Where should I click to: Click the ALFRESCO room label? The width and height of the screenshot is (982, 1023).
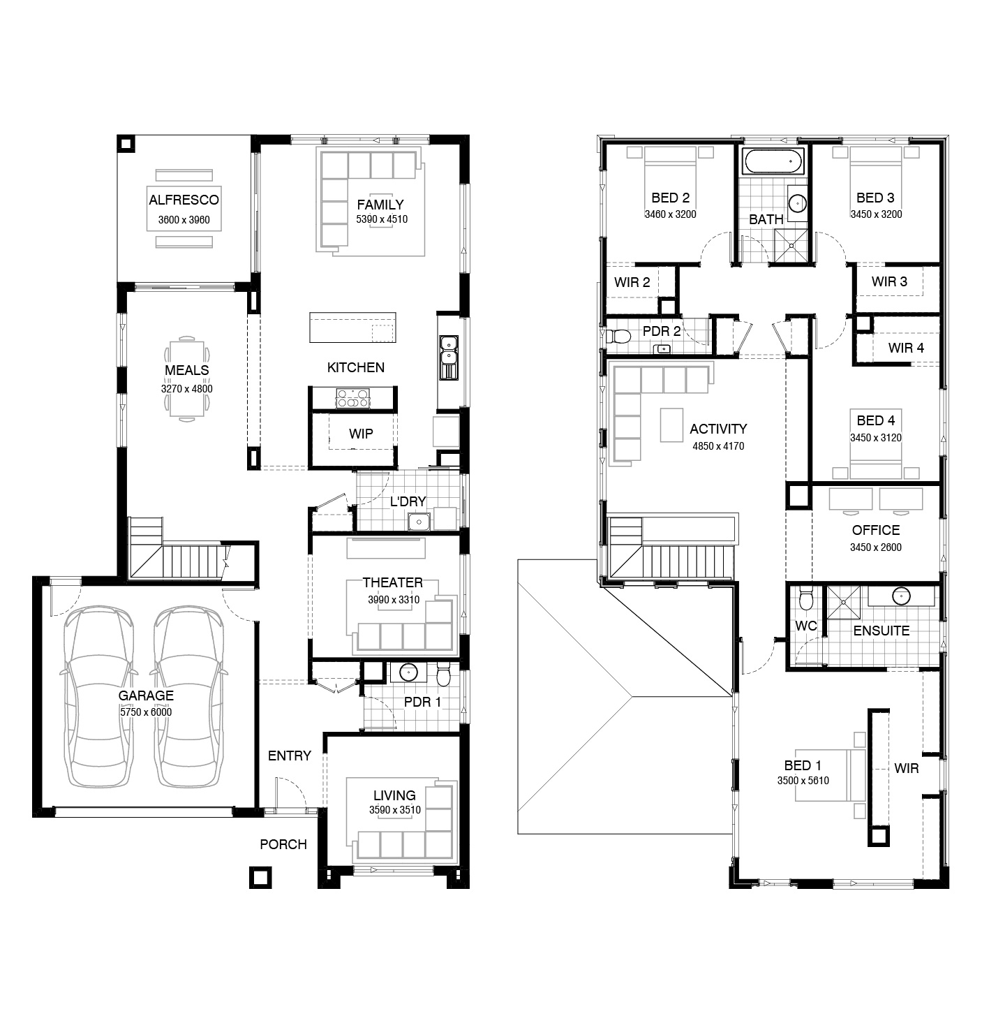tap(184, 200)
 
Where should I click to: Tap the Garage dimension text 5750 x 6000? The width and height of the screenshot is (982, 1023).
tap(146, 712)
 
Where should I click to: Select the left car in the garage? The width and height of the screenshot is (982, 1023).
tap(98, 696)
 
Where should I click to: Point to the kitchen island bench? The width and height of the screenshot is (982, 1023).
tap(352, 327)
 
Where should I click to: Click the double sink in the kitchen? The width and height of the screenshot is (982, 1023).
tap(449, 358)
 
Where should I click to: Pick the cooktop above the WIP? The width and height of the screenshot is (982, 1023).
tap(352, 399)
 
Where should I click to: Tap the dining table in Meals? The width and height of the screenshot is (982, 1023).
tap(187, 378)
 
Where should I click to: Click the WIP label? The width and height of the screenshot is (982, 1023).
tap(361, 434)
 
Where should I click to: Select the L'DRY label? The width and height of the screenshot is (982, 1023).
tap(408, 501)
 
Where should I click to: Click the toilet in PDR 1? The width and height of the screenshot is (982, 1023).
tap(443, 675)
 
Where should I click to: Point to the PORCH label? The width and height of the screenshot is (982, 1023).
tap(283, 844)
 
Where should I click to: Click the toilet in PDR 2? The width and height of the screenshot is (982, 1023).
tap(618, 336)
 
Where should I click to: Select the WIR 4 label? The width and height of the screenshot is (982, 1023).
tap(906, 348)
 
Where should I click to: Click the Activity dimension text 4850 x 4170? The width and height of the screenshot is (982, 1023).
tap(718, 446)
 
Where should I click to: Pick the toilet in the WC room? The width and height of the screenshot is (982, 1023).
tap(805, 598)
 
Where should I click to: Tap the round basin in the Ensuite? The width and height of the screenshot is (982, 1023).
tap(901, 596)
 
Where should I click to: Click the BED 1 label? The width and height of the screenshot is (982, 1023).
tap(803, 765)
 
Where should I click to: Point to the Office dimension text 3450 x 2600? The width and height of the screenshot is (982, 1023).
tap(876, 547)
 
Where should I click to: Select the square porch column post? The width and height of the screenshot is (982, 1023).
tap(260, 877)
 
